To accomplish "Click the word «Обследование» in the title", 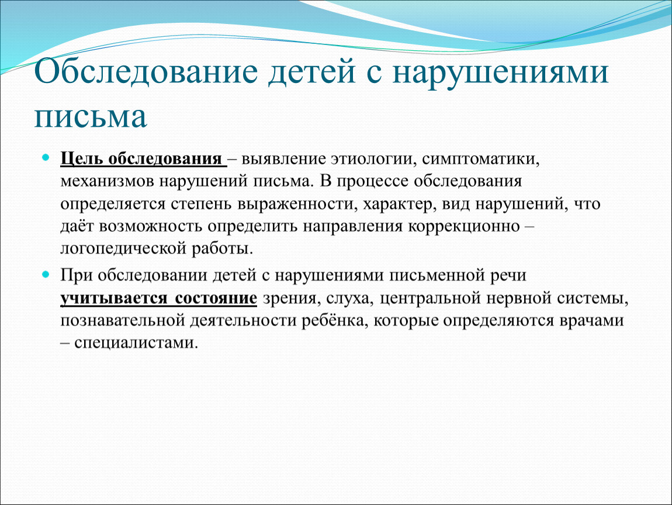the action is [x=146, y=72].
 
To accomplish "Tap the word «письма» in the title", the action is [x=91, y=116].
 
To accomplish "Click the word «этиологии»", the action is [x=372, y=159].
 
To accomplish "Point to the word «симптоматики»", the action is [x=480, y=159].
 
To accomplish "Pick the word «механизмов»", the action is [x=107, y=181].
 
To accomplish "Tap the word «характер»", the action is [x=399, y=204].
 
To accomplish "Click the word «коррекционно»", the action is [x=464, y=226].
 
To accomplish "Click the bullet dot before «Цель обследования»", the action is [x=46, y=157].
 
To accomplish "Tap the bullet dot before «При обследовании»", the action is [x=46, y=274].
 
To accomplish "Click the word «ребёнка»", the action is [x=335, y=321].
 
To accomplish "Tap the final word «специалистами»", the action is [x=136, y=343].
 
